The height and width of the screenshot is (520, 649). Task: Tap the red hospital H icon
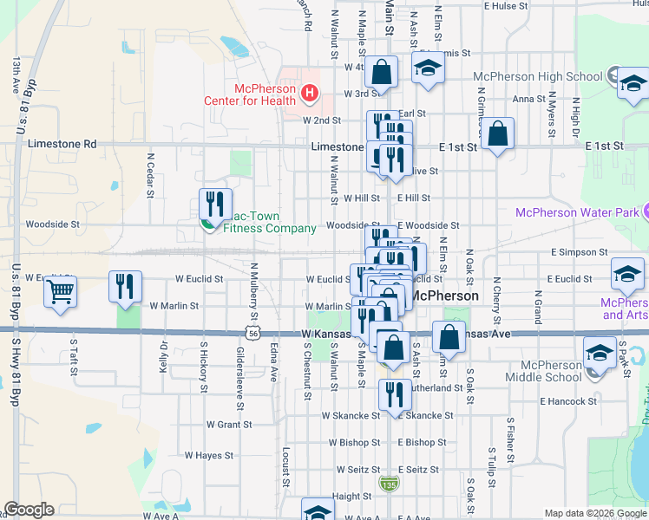click(309, 91)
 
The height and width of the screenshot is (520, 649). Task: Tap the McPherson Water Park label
click(577, 212)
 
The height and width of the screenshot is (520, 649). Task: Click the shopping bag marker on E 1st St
click(498, 134)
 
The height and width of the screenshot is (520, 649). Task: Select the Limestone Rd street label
click(62, 144)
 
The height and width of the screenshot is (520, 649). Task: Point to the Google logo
click(29, 510)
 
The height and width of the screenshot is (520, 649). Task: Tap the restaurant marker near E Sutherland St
click(394, 394)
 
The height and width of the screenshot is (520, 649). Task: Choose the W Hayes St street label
click(209, 455)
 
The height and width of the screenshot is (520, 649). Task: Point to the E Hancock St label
click(567, 401)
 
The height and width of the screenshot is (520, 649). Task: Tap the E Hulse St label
click(507, 5)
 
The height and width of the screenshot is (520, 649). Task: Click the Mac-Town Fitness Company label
click(269, 223)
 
